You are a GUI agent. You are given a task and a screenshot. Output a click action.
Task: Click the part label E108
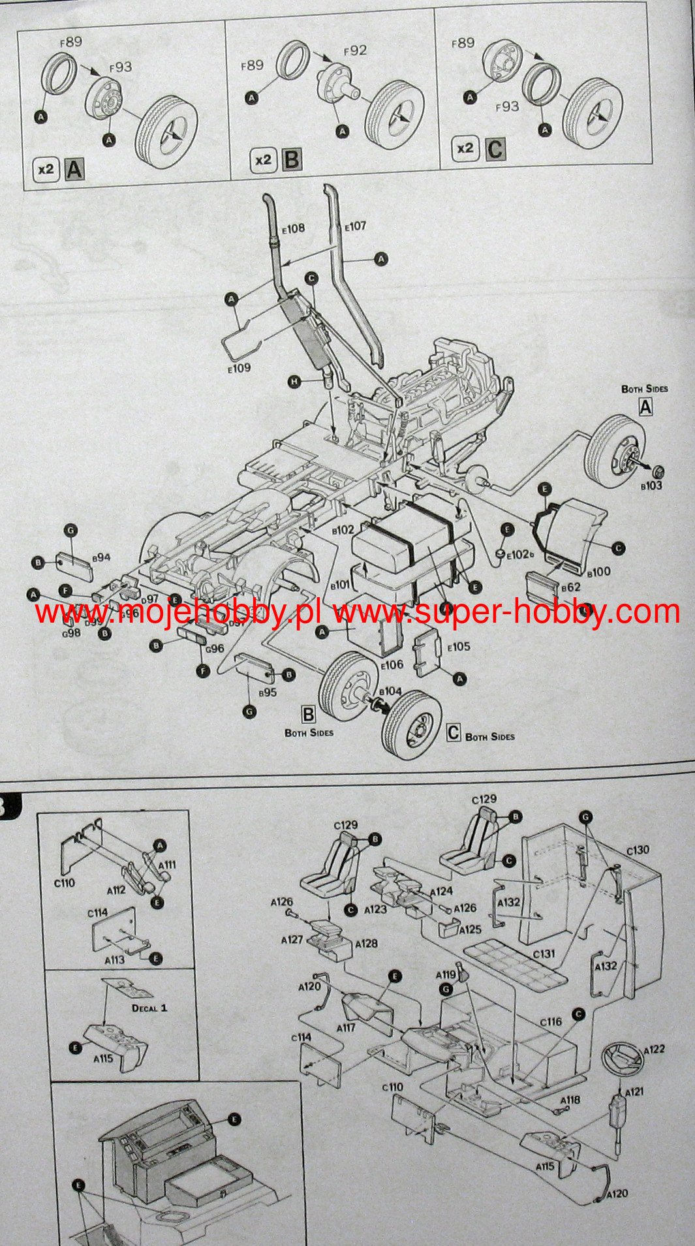[293, 229]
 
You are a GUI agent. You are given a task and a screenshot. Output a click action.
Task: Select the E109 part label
[239, 368]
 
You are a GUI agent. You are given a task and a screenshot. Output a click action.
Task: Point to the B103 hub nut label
[651, 486]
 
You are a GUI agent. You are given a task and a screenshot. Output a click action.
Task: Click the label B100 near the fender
[598, 572]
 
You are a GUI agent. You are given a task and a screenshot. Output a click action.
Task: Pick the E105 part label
[459, 646]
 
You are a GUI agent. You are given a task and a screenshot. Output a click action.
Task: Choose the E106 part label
[392, 665]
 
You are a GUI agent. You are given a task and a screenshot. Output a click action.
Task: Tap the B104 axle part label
[390, 691]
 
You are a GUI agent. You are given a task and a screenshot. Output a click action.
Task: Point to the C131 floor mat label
[544, 954]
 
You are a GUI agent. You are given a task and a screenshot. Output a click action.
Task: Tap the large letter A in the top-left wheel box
[75, 170]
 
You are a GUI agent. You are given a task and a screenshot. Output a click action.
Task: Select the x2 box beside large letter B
[263, 160]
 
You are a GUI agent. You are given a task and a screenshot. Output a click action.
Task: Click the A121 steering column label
[634, 1092]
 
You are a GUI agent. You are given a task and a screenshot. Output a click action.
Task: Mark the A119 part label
[446, 975]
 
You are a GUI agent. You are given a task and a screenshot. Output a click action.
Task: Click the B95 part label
[267, 693]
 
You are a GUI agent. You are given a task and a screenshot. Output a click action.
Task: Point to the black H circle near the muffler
[295, 381]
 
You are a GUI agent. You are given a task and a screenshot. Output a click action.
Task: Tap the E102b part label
[521, 555]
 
